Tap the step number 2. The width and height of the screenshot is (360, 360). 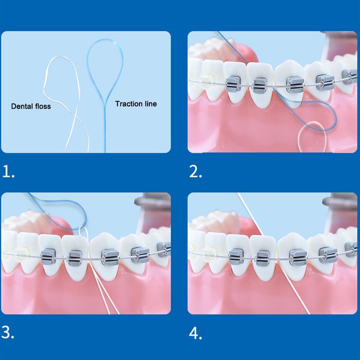click(195, 172)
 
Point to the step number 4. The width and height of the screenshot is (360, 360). click(195, 333)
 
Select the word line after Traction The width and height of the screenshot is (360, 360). click(149, 104)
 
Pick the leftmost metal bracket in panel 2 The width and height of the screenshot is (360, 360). click(232, 84)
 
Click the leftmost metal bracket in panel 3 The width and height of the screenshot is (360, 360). click(47, 256)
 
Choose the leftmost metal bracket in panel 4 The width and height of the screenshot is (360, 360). click(236, 256)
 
